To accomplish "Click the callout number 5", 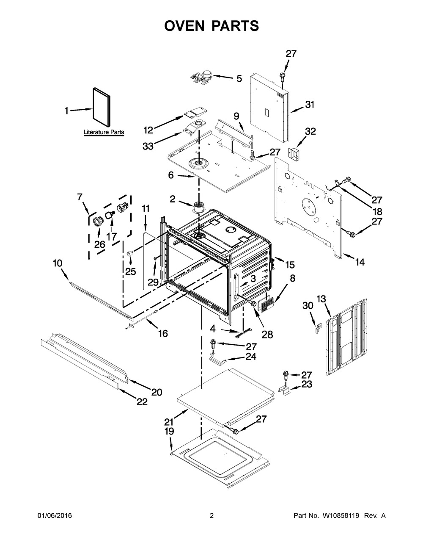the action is [x=239, y=79].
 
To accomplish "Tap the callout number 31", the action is [x=310, y=105].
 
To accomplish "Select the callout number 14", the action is [x=360, y=262].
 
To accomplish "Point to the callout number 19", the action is [x=169, y=431].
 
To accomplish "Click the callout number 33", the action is [x=148, y=146].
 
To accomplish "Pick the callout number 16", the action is [x=163, y=334].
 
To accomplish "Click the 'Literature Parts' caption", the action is [x=104, y=132].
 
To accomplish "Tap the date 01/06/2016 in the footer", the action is [x=55, y=515].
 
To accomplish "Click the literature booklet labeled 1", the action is [x=101, y=107].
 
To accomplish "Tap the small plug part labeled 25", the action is [x=130, y=253].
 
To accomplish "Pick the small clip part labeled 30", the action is [x=318, y=328].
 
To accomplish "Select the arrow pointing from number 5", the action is [x=224, y=77].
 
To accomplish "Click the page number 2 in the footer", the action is [x=211, y=515].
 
